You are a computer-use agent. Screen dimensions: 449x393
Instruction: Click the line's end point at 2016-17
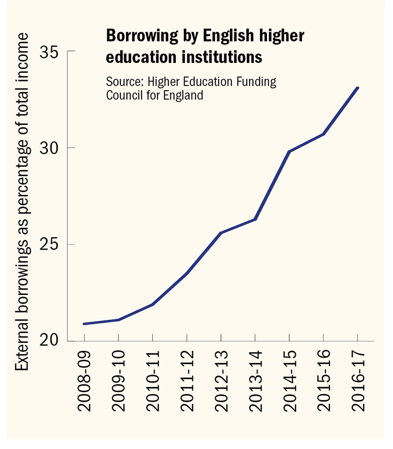(x=357, y=88)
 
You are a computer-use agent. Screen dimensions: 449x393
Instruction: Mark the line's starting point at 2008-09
(x=84, y=324)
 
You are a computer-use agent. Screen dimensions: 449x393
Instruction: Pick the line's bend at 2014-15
(x=289, y=152)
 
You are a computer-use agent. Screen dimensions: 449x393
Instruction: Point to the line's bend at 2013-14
(x=255, y=219)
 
